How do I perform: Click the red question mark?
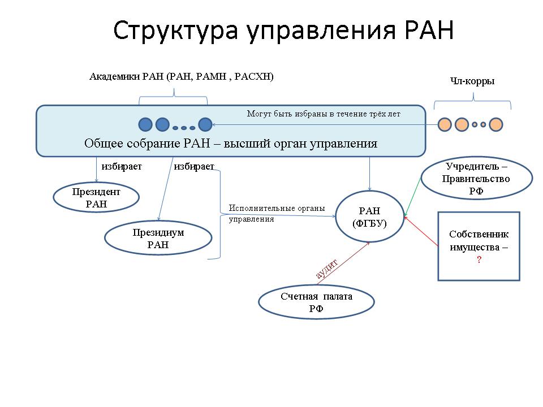(x=479, y=259)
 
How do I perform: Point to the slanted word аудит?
(x=326, y=269)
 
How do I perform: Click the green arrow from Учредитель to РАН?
(x=412, y=197)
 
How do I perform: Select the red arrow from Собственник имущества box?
(x=421, y=231)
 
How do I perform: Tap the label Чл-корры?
(x=472, y=81)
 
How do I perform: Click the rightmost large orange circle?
(x=496, y=124)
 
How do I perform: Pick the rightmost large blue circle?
(x=205, y=124)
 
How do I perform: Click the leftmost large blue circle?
(x=145, y=124)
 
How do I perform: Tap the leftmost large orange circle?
(x=445, y=124)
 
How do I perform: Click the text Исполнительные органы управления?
(x=277, y=214)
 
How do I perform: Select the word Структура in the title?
(x=175, y=31)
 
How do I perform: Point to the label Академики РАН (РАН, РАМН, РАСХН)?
(x=182, y=76)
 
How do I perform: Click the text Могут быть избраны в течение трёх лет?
(x=324, y=114)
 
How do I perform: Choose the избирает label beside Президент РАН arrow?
(x=122, y=166)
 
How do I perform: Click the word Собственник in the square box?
(x=479, y=234)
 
